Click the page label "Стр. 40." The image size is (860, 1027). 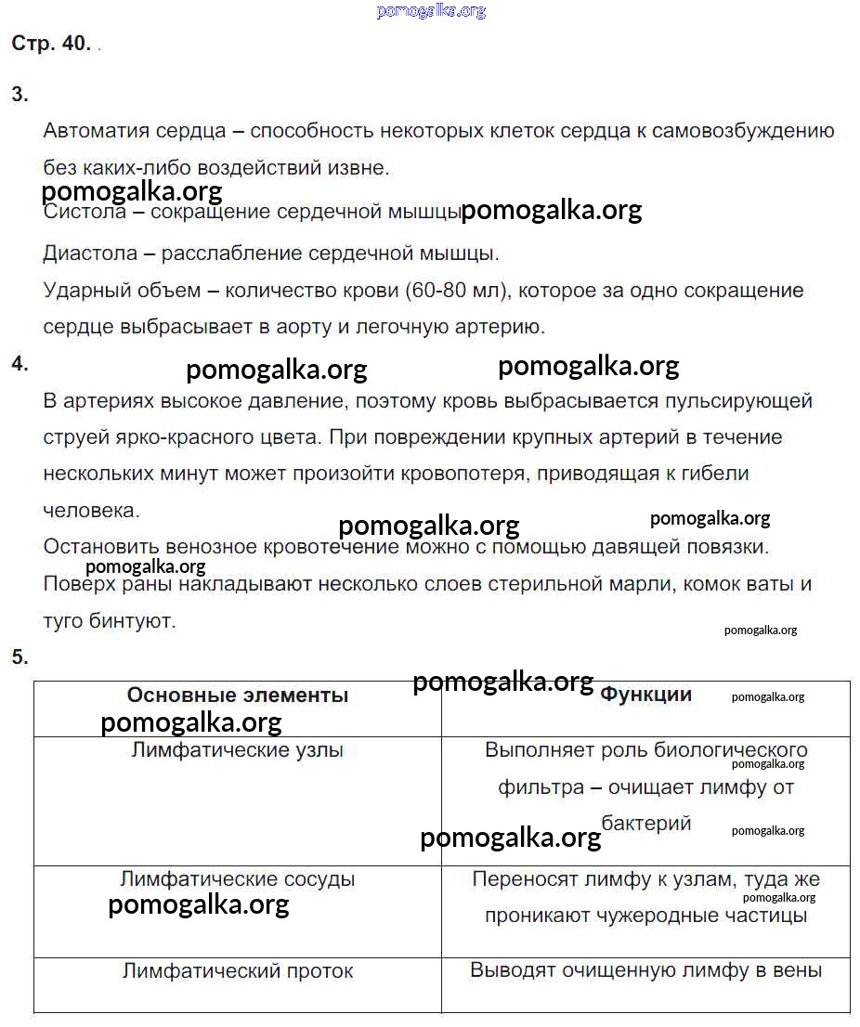coord(51,44)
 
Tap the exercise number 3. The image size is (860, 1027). coord(20,94)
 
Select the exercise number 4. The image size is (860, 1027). coord(20,363)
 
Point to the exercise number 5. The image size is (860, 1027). coord(20,657)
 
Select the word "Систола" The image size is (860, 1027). coord(85,212)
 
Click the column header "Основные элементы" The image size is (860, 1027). coord(238,695)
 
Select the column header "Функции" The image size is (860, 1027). coord(645,695)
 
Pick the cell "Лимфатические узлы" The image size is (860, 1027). coord(238,750)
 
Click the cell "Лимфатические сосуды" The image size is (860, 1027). coord(238,879)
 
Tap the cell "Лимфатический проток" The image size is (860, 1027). coord(238,971)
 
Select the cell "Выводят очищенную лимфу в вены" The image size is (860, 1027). coord(645,971)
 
